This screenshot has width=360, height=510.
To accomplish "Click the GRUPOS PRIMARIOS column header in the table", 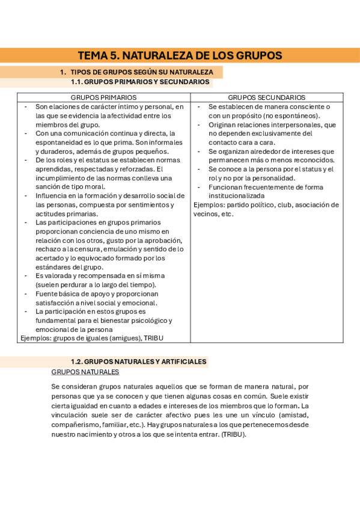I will [x=103, y=97].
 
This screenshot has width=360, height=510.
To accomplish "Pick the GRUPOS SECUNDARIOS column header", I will [x=266, y=97].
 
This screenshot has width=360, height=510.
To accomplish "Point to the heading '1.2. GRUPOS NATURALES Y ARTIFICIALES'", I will [x=138, y=361].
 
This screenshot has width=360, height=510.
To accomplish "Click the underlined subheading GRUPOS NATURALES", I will [x=85, y=372].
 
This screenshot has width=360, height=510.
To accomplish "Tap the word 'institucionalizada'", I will [x=236, y=195].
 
